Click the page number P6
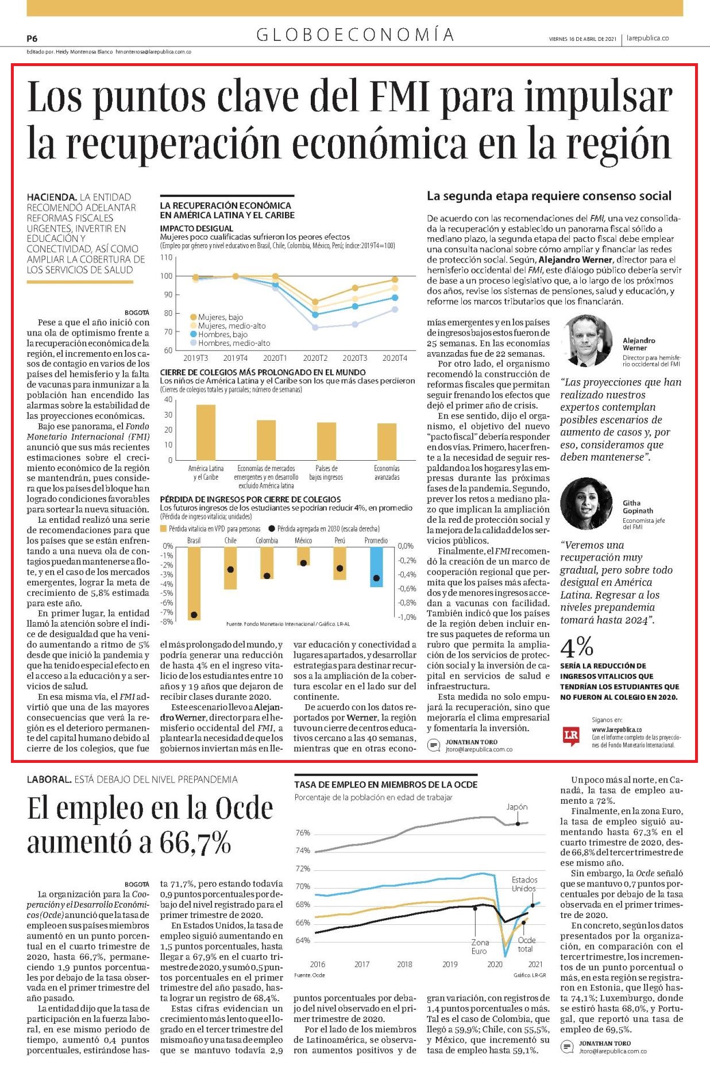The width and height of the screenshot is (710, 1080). point(32,38)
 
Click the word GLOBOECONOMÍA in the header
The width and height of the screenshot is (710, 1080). point(356,36)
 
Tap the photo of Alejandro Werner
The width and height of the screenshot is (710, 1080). point(588,340)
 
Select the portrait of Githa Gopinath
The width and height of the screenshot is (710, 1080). point(586,503)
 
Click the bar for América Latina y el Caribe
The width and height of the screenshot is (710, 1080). point(206,432)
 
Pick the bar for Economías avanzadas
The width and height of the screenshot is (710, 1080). point(387,442)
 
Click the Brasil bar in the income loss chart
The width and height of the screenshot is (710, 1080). point(194,583)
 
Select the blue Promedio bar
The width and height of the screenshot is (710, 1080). point(376,566)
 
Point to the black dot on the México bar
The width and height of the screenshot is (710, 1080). point(303,563)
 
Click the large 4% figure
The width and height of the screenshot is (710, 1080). point(577,647)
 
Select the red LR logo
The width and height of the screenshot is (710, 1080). point(571,736)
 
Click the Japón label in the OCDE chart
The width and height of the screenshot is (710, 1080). point(517,807)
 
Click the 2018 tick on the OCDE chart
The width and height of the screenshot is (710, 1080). point(404,964)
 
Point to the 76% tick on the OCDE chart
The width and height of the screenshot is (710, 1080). point(303,832)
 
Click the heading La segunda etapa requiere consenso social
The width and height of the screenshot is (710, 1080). point(549,196)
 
